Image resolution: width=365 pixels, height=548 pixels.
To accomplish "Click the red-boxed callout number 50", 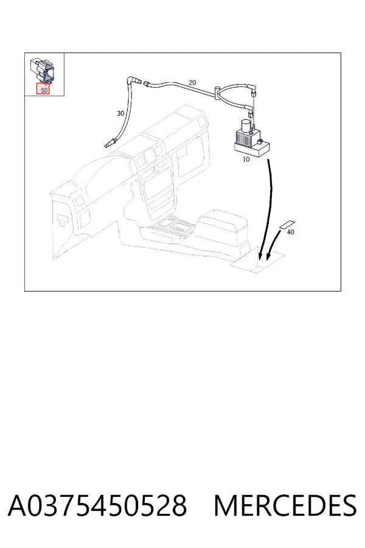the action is [x=44, y=90].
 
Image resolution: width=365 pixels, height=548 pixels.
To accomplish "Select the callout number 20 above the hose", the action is [x=192, y=83].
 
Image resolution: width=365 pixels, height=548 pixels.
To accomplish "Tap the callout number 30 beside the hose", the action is [x=120, y=113].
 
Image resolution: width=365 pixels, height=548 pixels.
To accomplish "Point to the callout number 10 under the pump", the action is [x=246, y=160].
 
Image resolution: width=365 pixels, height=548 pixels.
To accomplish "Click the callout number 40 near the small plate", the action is [x=290, y=232].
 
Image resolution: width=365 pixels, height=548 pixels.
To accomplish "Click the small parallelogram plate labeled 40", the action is [x=287, y=225].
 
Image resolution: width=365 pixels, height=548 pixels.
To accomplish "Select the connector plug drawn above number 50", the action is [x=43, y=70].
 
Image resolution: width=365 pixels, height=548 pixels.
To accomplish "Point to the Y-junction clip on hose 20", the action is [x=217, y=93].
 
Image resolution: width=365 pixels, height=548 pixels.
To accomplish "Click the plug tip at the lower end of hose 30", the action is [x=110, y=144].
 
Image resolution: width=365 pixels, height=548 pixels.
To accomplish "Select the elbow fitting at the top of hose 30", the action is [x=133, y=80].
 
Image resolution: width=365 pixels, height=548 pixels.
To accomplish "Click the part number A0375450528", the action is [x=97, y=506].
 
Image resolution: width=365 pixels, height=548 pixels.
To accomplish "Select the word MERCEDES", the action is [x=285, y=506].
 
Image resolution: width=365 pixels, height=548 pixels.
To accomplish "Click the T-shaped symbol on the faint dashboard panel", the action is [x=63, y=219].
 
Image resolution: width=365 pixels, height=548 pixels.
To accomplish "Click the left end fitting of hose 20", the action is [x=147, y=83].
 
